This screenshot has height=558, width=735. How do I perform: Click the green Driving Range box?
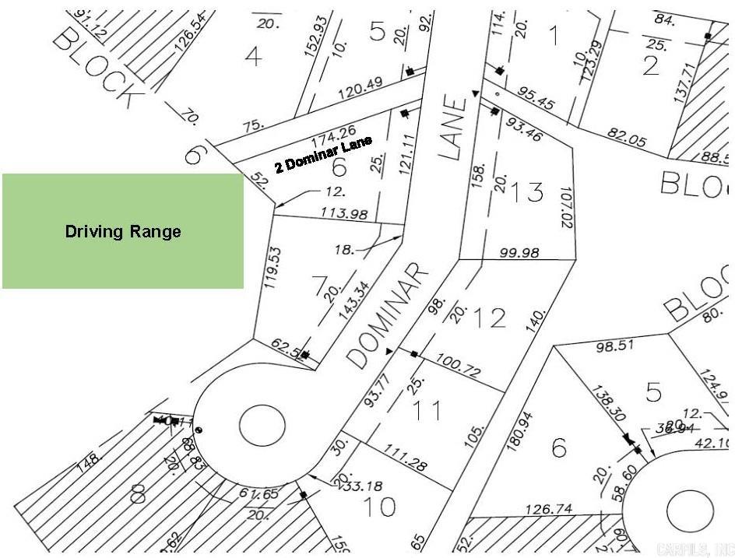click(x=123, y=231)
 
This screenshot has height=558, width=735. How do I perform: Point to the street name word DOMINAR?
click(x=388, y=314)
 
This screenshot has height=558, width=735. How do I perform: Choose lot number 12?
click(x=489, y=318)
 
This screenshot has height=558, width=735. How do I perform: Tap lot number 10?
click(x=379, y=506)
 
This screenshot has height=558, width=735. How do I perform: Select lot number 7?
click(x=318, y=287)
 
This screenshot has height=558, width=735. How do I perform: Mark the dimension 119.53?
click(x=273, y=268)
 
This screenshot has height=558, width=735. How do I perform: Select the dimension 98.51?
click(x=616, y=345)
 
